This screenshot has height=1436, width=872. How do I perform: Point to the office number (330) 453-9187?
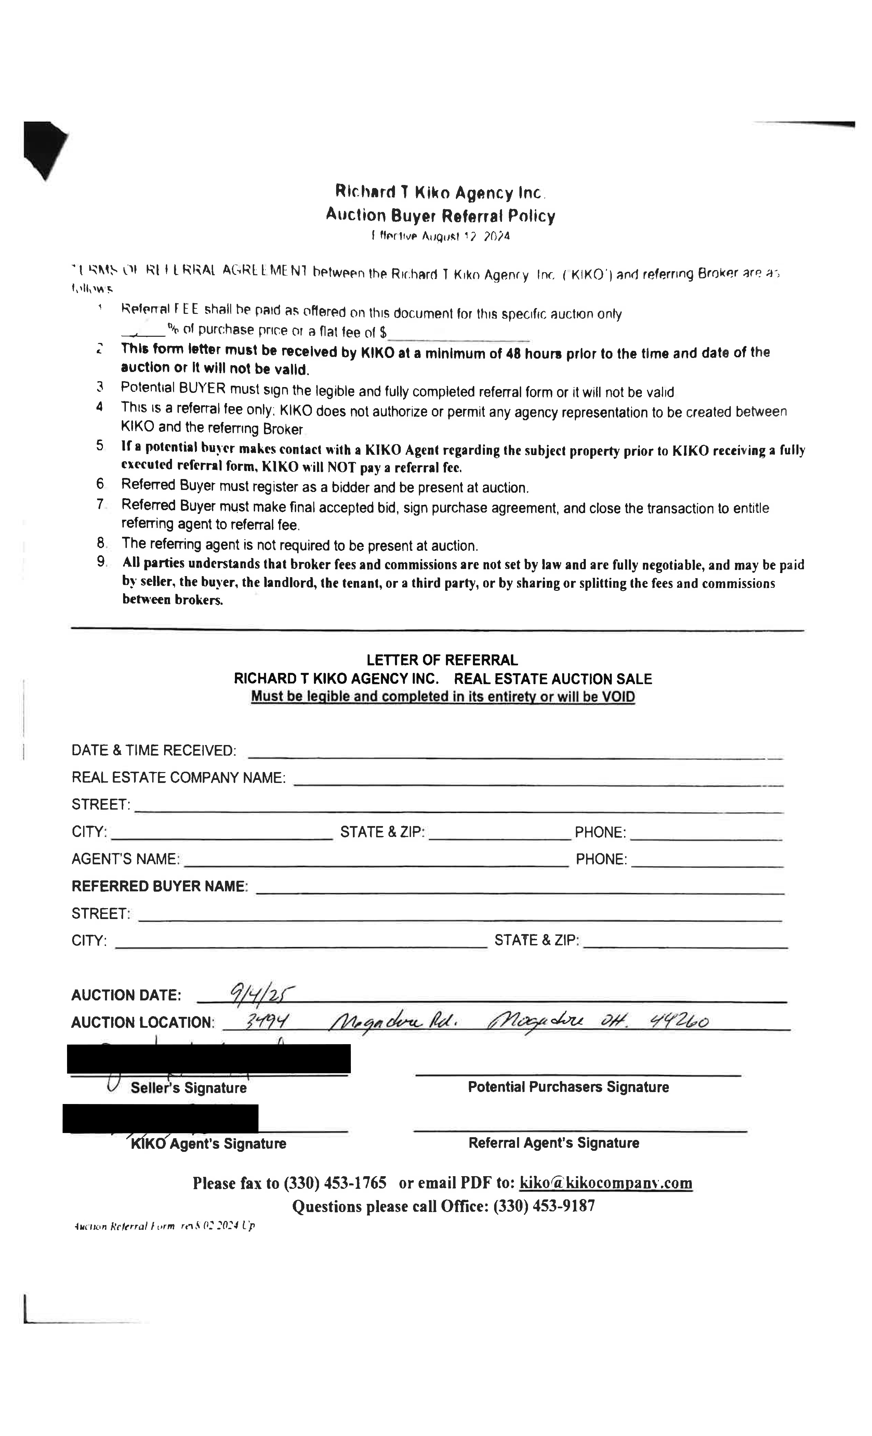(x=544, y=1206)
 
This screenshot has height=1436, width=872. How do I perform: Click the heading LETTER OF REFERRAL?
(x=442, y=660)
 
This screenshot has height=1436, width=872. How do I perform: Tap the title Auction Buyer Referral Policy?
(x=440, y=216)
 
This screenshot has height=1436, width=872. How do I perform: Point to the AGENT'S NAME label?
(x=125, y=859)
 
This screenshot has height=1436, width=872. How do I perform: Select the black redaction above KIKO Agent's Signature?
(x=160, y=1118)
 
